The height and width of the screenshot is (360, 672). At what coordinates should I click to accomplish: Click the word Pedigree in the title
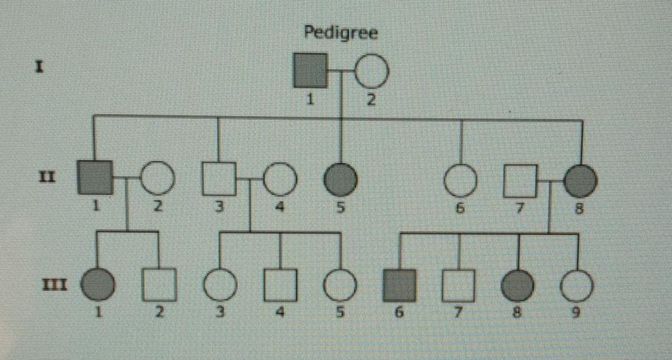point(340,33)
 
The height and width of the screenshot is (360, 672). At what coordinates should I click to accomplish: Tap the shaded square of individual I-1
point(311,70)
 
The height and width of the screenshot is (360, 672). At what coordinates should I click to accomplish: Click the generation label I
point(39,68)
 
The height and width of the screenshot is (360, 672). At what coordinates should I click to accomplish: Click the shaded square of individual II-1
point(95,177)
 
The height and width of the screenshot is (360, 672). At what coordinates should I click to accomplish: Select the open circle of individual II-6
point(461,181)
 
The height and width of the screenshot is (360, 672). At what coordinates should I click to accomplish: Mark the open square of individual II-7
point(520,181)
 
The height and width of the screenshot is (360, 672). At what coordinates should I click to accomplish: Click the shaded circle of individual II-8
point(580,181)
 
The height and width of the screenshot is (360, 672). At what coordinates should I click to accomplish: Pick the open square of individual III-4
point(281,285)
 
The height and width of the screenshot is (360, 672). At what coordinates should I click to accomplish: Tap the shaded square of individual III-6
point(399,285)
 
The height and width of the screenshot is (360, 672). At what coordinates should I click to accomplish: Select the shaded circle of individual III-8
point(518,286)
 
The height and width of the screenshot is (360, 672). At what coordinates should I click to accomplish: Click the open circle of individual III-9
point(577,286)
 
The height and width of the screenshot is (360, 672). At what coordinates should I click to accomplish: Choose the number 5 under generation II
point(340,207)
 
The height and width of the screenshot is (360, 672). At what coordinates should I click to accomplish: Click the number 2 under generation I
point(371,99)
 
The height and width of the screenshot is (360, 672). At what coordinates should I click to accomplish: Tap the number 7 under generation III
point(458,312)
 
